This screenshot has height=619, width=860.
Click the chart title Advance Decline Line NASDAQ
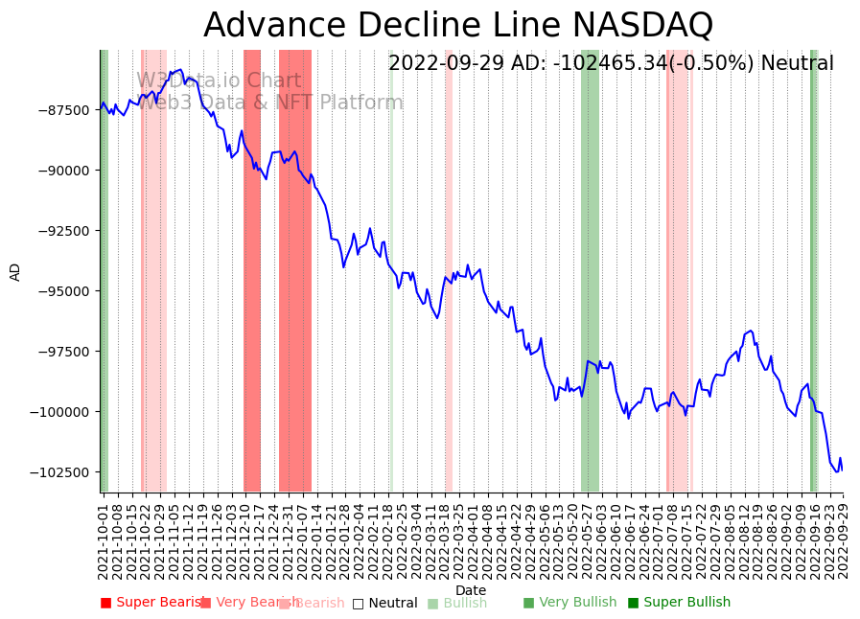pos(458,25)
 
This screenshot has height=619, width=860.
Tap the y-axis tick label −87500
pos(63,110)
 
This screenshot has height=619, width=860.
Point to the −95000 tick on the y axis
pos(63,291)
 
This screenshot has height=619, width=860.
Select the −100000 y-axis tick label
pos(60,412)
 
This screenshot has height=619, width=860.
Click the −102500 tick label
pos(60,472)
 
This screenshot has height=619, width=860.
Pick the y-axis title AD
pos(15,271)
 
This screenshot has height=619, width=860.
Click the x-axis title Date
pos(471,590)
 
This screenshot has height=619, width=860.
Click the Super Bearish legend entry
pos(153,603)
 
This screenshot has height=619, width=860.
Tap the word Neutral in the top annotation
pos(797,64)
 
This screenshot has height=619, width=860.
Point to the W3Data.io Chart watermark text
pos(219,81)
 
